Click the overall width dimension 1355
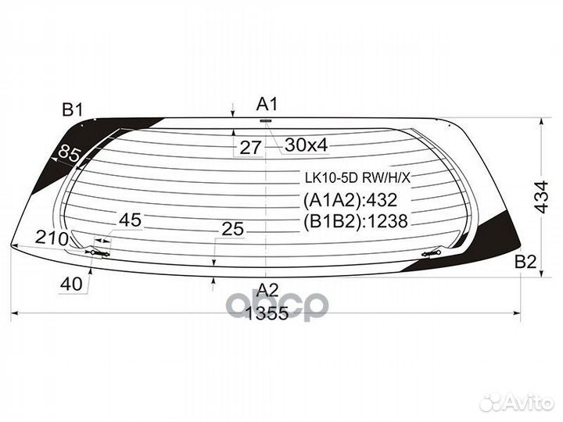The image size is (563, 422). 267,313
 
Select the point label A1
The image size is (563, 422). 267,103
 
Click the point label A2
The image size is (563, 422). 267,289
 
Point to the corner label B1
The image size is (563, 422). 73,109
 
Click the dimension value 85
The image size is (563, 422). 70,155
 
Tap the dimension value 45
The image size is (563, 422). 130,220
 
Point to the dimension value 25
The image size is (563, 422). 232,229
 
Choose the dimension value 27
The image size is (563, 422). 250,146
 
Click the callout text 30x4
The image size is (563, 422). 306,145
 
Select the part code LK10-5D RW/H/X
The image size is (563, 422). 356,178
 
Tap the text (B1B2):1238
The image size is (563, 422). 356,221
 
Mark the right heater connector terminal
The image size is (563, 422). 432,252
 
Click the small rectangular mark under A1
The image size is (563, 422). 264,121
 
